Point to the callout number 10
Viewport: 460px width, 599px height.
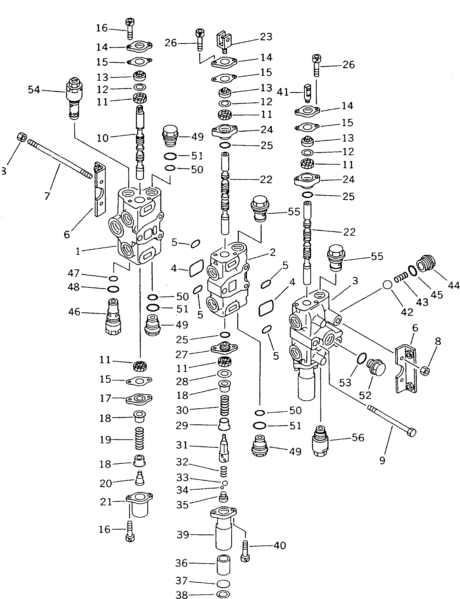[x=103, y=138]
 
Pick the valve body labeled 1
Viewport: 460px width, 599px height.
[x=140, y=228]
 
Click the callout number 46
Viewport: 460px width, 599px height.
[x=74, y=312]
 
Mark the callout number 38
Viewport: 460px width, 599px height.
[x=182, y=594]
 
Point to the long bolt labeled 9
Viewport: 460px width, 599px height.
[x=392, y=422]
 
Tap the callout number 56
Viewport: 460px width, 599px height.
[x=358, y=438]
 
